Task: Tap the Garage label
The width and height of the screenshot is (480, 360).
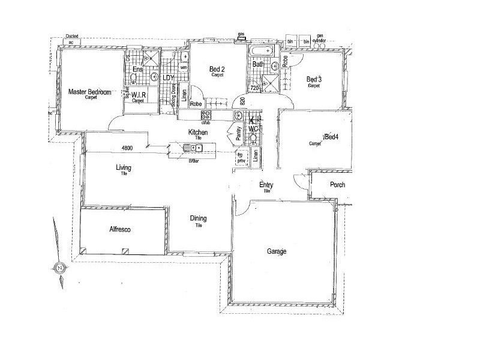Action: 276,252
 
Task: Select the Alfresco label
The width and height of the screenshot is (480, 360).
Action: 119,230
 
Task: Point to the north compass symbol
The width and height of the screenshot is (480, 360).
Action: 60,267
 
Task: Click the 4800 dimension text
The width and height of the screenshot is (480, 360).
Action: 127,148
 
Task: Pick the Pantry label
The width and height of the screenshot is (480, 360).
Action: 238,133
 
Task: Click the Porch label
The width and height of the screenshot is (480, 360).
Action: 338,185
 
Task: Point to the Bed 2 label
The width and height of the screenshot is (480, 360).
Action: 217,70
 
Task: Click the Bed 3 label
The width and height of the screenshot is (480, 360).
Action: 314,79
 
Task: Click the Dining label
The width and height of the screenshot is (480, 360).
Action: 198,218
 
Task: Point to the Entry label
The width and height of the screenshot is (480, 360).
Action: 266,185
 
